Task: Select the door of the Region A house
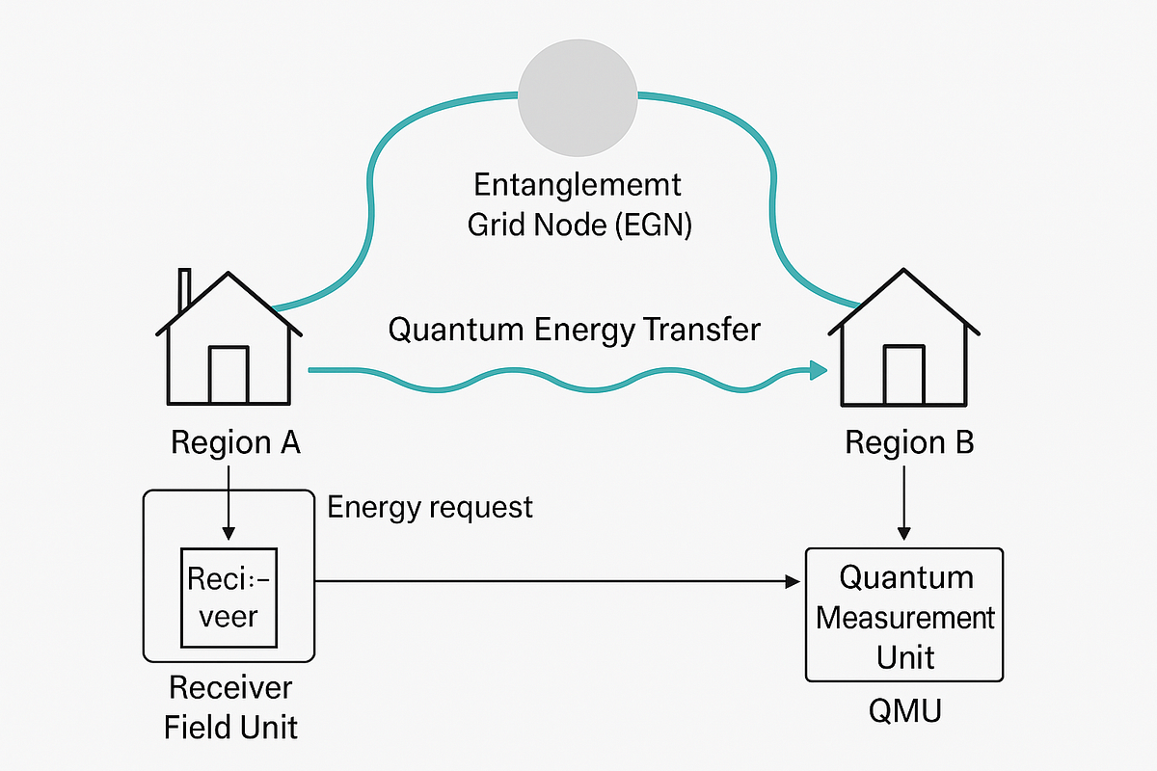point(229,375)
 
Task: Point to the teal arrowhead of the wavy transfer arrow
point(819,370)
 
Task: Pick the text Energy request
point(430,507)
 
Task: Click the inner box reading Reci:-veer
point(229,598)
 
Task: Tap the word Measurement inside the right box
point(904,617)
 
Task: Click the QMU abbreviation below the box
point(904,712)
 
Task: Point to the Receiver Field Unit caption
point(230,706)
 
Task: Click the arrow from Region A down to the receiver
point(229,501)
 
